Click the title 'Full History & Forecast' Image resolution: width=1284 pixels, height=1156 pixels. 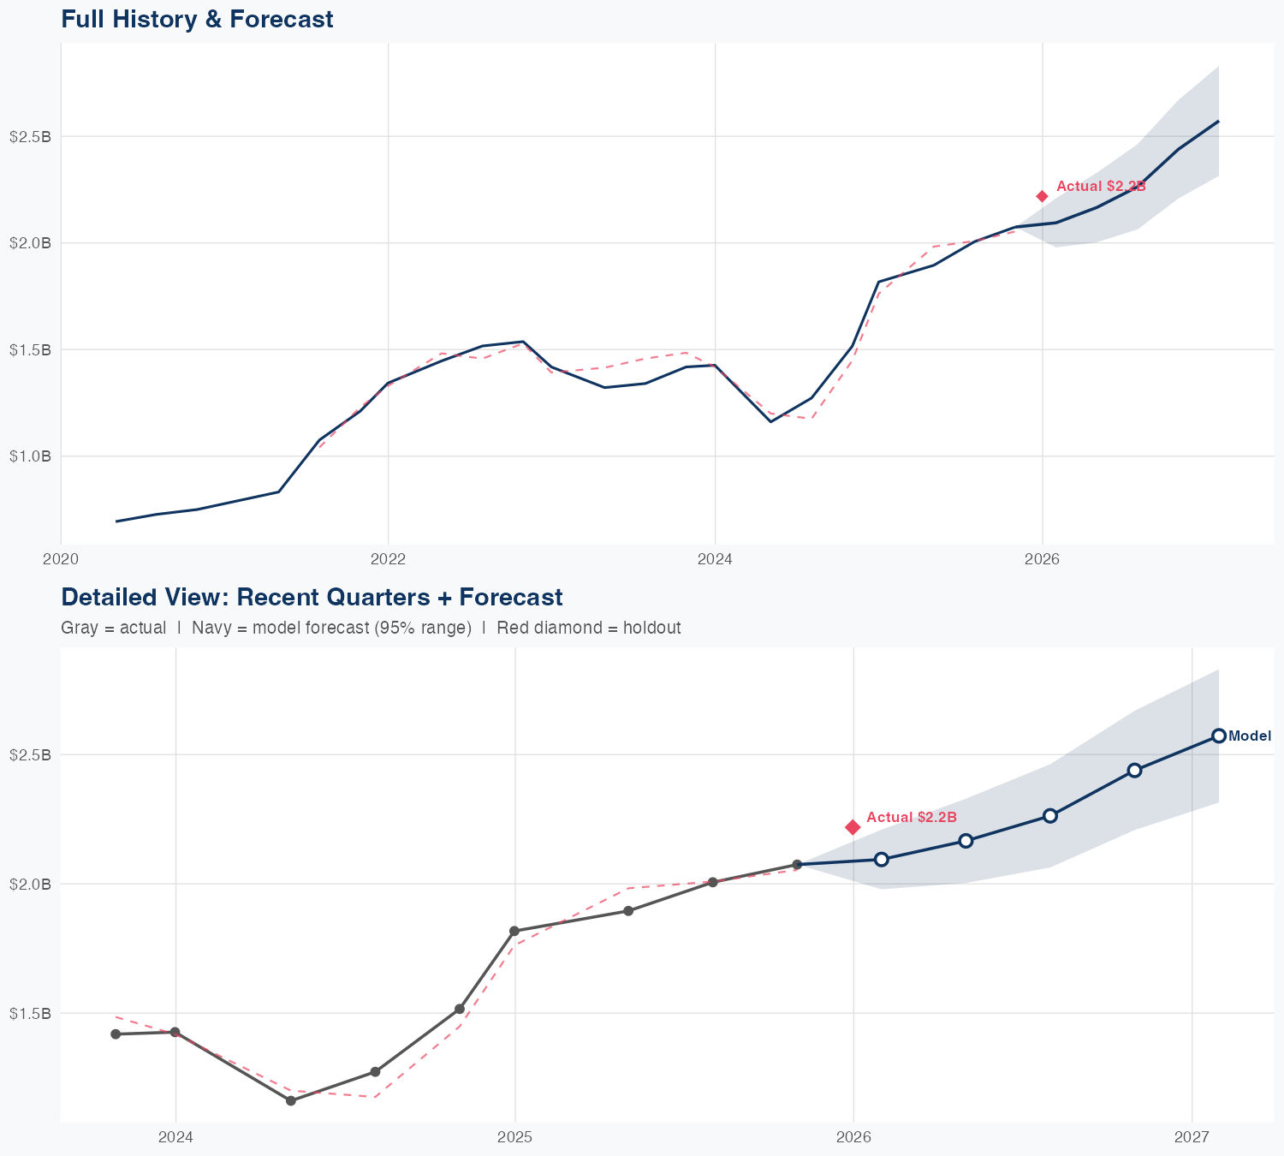tap(197, 19)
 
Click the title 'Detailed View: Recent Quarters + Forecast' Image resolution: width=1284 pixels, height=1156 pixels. tap(312, 597)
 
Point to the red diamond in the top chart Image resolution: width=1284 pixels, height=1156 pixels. tap(1042, 196)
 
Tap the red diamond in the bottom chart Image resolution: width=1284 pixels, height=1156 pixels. tap(853, 826)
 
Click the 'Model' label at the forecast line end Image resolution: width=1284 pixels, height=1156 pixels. tap(1250, 736)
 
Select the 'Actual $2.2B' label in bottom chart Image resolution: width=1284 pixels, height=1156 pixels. tap(912, 818)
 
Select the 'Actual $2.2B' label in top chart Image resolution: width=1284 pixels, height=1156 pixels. tap(1101, 187)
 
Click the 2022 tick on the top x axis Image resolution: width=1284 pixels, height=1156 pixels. tap(388, 559)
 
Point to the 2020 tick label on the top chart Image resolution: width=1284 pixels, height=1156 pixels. tap(61, 559)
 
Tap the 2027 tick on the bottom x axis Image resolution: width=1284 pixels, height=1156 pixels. tap(1192, 1137)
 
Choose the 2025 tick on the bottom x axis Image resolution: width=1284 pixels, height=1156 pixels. tap(514, 1137)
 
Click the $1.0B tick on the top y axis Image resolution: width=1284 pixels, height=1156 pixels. tap(30, 456)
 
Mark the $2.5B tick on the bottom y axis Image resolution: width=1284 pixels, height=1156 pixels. tap(30, 754)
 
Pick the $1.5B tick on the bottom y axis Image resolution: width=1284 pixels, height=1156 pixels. tap(30, 1013)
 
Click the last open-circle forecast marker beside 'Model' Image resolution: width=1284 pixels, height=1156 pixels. tap(1218, 736)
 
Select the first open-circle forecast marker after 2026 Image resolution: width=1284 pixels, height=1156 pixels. tap(882, 859)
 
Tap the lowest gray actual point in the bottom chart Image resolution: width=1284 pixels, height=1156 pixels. tap(290, 1100)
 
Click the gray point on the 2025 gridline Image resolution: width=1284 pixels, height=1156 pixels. tap(514, 931)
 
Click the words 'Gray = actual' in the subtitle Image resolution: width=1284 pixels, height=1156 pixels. tap(113, 628)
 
